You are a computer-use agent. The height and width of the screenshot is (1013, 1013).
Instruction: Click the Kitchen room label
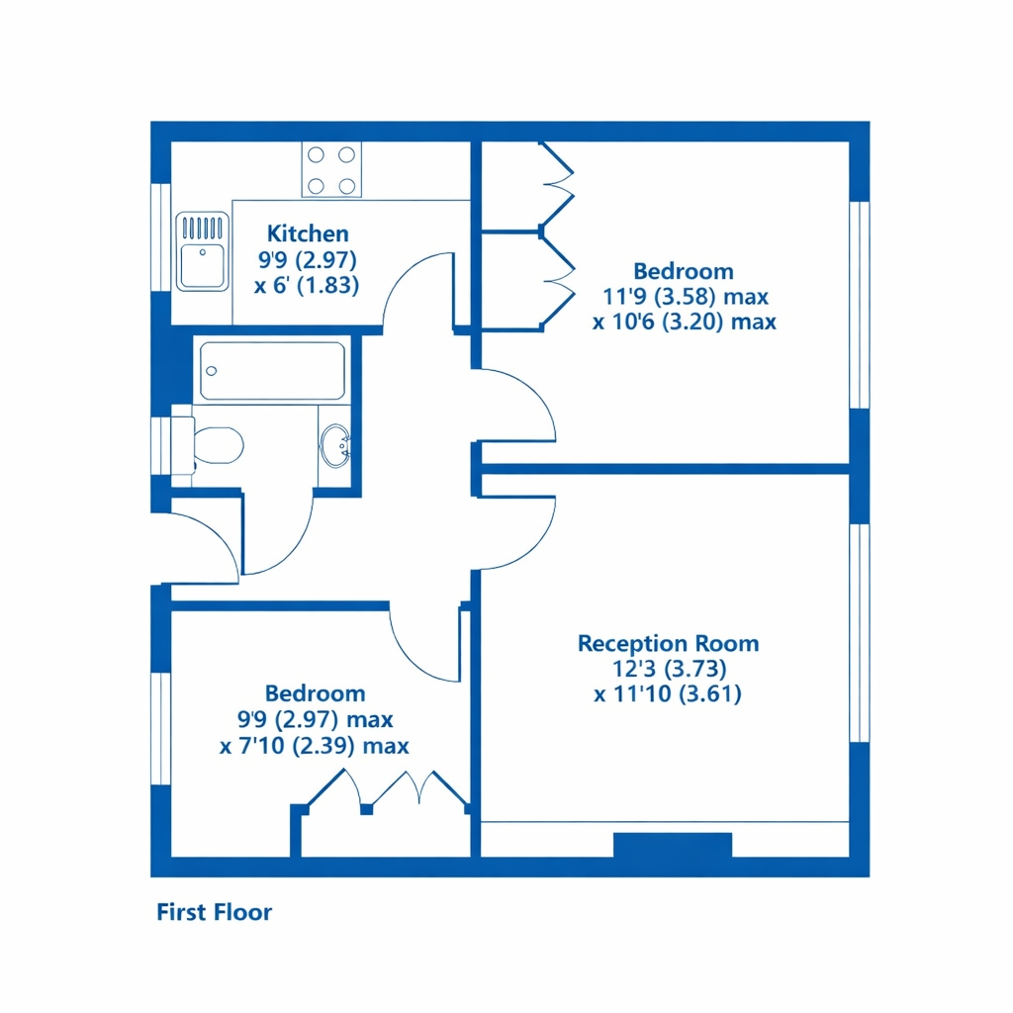(x=308, y=233)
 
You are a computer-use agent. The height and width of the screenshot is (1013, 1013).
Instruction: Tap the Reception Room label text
(x=668, y=643)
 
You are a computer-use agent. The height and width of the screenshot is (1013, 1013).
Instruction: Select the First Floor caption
(x=214, y=912)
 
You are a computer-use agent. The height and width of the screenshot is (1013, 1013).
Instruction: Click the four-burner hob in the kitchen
(x=331, y=170)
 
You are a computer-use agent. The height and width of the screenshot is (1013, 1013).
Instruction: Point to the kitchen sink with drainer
(x=202, y=251)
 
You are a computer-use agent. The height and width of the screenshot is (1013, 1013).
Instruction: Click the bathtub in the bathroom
(x=272, y=371)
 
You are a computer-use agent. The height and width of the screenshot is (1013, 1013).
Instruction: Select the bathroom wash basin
(x=335, y=444)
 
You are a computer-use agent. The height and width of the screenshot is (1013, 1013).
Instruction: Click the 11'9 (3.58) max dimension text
(x=686, y=297)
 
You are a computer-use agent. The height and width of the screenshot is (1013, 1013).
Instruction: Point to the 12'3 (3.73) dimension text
(x=670, y=668)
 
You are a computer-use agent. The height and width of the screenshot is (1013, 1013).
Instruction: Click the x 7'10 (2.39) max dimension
(x=315, y=746)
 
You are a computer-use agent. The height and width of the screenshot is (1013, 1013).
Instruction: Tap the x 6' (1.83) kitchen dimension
(x=307, y=285)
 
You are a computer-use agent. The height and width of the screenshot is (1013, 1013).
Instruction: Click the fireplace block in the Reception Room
(x=673, y=845)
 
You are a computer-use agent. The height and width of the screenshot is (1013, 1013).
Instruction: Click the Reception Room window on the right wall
(x=860, y=632)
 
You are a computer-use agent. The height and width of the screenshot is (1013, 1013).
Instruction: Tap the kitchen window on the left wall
(x=161, y=237)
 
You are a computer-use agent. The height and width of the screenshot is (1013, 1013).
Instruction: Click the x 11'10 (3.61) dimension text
(x=668, y=693)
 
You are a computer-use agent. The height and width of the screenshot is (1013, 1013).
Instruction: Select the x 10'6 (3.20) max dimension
(x=685, y=322)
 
